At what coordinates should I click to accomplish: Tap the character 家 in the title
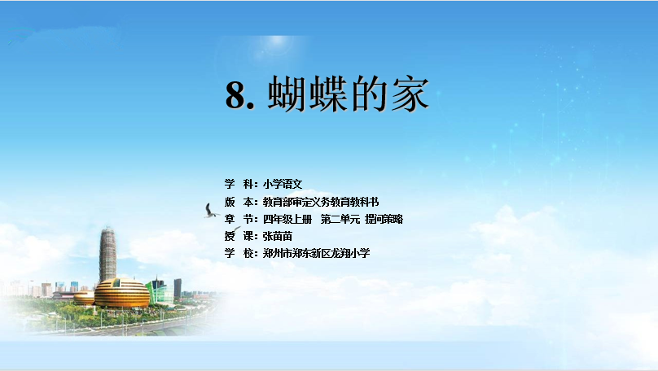point(410,94)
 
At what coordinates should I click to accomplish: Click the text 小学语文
point(283,184)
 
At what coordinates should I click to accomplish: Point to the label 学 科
point(239,184)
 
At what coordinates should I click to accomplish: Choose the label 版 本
point(239,202)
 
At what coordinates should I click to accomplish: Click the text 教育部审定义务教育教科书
point(321,202)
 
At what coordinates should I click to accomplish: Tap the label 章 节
point(239,219)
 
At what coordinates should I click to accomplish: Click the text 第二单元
point(340,219)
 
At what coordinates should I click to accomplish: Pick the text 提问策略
point(384,219)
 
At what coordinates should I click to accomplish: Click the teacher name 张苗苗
point(278,236)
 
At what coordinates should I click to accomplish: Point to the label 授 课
point(239,236)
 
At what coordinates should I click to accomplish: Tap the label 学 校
point(239,253)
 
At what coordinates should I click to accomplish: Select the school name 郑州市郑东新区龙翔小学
point(317,253)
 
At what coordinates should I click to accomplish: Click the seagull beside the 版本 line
point(211,211)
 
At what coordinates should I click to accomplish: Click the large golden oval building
point(121,293)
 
